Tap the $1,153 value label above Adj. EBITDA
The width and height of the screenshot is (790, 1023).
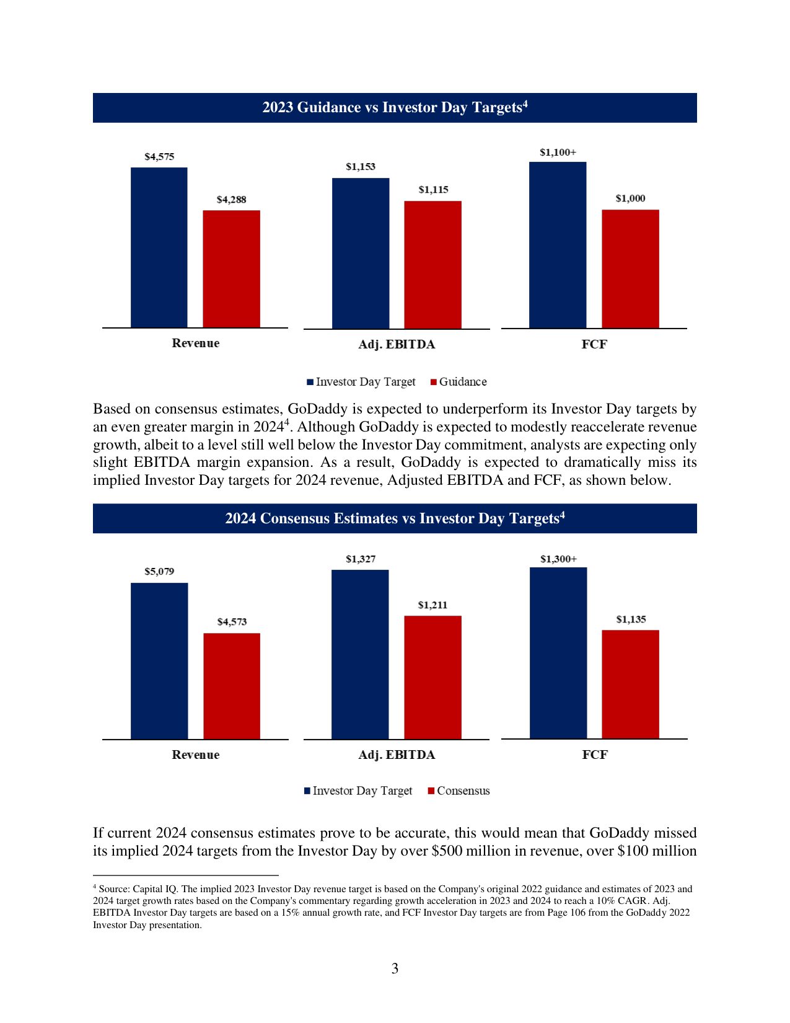pyautogui.click(x=361, y=167)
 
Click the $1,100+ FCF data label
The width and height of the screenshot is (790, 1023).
pyautogui.click(x=558, y=153)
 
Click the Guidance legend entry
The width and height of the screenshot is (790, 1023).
pyautogui.click(x=459, y=382)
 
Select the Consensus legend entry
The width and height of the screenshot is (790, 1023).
pyautogui.click(x=459, y=791)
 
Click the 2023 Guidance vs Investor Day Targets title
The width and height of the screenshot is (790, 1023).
pyautogui.click(x=395, y=108)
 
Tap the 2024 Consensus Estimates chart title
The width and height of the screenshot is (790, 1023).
pyautogui.click(x=395, y=518)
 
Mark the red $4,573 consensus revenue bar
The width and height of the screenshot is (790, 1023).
pyautogui.click(x=232, y=686)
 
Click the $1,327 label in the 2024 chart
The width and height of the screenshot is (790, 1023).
pyautogui.click(x=361, y=559)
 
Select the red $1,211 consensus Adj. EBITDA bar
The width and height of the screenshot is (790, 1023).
pyautogui.click(x=432, y=677)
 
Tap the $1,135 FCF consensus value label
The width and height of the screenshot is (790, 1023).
pyautogui.click(x=631, y=619)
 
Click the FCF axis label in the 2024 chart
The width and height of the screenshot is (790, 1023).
pyautogui.click(x=595, y=755)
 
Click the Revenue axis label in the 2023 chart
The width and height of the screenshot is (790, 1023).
pyautogui.click(x=196, y=343)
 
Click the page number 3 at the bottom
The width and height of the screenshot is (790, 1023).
pyautogui.click(x=395, y=968)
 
